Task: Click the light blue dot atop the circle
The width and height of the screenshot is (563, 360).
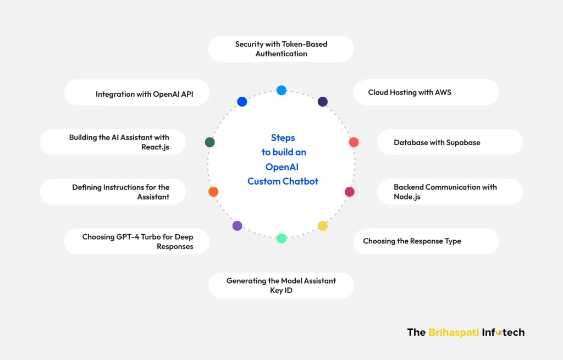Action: (x=281, y=90)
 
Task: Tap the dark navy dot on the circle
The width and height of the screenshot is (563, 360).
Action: (x=323, y=102)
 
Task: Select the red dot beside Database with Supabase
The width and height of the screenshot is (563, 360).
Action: (x=354, y=142)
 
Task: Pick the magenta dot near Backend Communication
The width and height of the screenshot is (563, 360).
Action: (x=350, y=192)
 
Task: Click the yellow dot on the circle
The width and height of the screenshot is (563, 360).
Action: (x=323, y=226)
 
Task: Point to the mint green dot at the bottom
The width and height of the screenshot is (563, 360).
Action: (x=281, y=238)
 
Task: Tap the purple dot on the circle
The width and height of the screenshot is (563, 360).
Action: (x=237, y=225)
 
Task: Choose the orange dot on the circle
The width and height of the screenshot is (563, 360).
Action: (x=213, y=192)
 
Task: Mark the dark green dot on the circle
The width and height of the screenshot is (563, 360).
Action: (x=209, y=142)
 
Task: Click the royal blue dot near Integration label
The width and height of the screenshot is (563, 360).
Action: (x=242, y=102)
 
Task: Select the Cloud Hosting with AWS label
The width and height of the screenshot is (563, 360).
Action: (x=410, y=92)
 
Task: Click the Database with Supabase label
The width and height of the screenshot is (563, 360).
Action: (x=437, y=142)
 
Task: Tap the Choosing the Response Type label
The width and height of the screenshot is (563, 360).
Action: (x=412, y=241)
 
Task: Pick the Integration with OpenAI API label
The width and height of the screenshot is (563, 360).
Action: (x=144, y=94)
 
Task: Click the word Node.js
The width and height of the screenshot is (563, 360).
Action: (x=407, y=197)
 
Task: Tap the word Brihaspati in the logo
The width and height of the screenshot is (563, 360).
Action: (x=454, y=332)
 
